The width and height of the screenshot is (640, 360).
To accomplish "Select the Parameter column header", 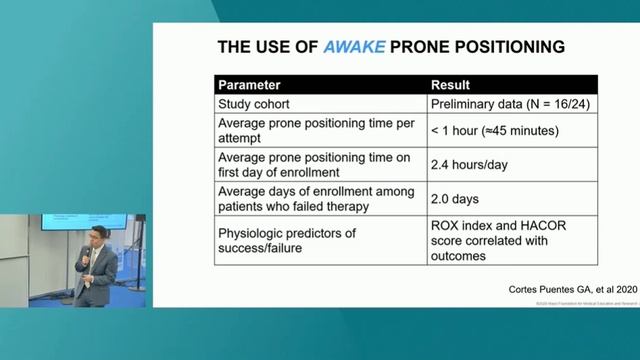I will tap(249, 85).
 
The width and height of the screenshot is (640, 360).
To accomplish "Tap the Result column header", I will tap(450, 85).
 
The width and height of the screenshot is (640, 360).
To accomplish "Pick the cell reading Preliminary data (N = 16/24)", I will tap(505, 104).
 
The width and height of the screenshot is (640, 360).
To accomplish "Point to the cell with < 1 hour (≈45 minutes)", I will tap(494, 131).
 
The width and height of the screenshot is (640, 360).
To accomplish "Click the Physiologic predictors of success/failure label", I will tap(287, 240).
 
